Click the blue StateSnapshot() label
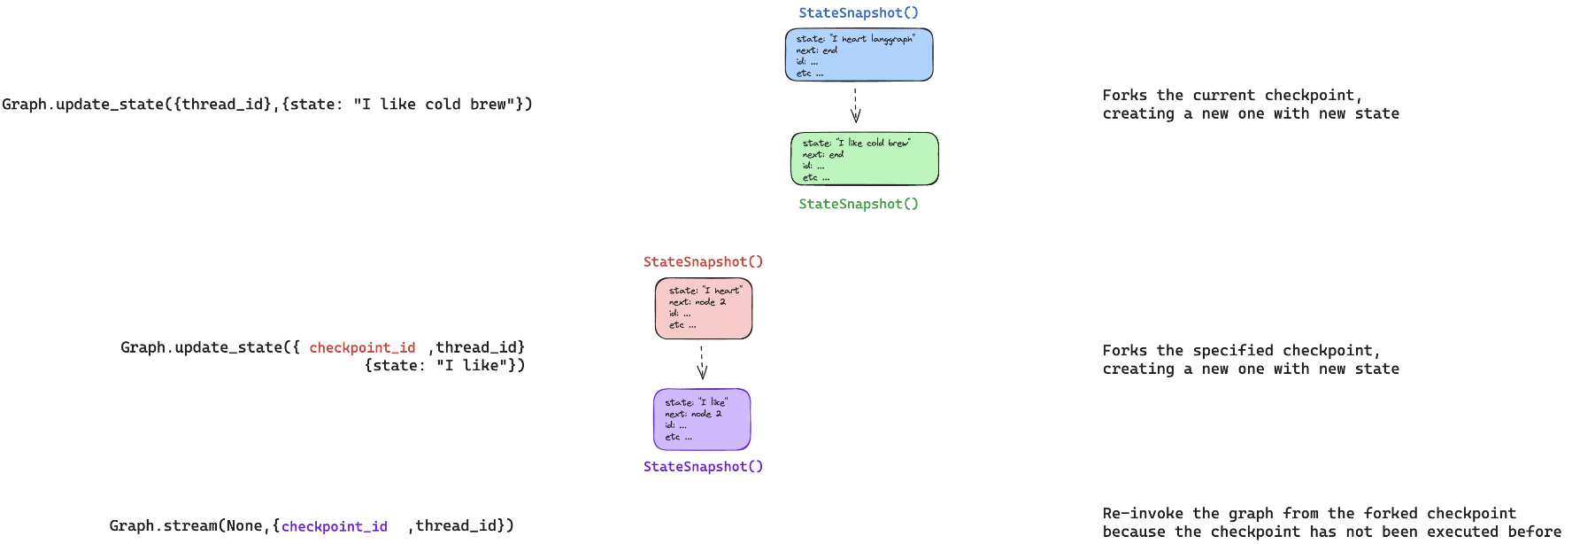pos(858,13)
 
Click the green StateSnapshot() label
pos(858,204)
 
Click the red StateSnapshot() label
pos(703,262)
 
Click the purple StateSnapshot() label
pos(703,467)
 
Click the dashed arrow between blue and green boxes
pos(855,105)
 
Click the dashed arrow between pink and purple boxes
pos(702,362)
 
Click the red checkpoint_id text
pos(362,348)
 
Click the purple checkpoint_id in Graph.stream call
pos(334,527)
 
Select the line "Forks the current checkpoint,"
pos(1232,96)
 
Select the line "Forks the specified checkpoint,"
pos(1241,351)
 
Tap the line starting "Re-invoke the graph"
pos(1308,514)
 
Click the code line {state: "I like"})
pos(444,366)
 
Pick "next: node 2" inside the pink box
pos(697,302)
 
